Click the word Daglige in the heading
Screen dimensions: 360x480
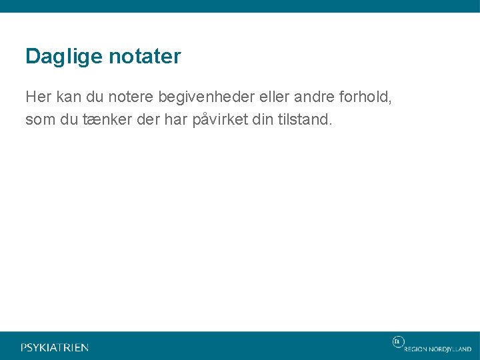[x=59, y=57]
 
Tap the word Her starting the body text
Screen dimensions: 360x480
[x=38, y=97]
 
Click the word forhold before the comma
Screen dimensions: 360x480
[x=364, y=97]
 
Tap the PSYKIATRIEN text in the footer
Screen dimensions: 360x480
[x=55, y=347]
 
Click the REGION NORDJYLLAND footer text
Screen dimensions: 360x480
[x=437, y=349]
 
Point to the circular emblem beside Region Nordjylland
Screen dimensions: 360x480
[x=397, y=342]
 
